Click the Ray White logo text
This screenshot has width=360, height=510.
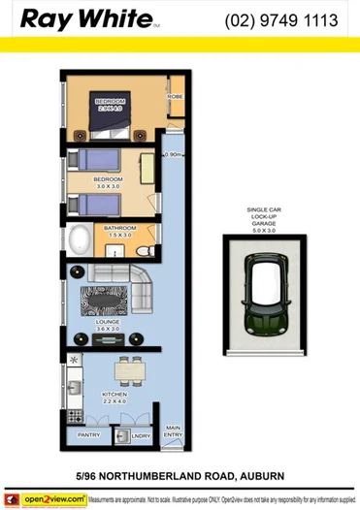click(x=87, y=19)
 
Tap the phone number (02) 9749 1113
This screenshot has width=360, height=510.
click(x=280, y=20)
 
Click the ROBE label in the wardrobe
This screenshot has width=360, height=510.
click(x=175, y=97)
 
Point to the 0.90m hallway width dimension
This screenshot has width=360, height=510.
click(x=174, y=153)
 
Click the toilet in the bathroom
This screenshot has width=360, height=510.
click(x=147, y=249)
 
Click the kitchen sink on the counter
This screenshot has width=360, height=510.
click(x=74, y=387)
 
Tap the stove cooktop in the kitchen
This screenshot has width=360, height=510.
click(x=74, y=364)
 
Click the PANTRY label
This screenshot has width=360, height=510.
click(x=89, y=435)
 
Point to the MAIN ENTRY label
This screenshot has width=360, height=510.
click(x=174, y=431)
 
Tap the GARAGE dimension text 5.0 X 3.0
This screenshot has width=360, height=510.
click(x=264, y=231)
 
